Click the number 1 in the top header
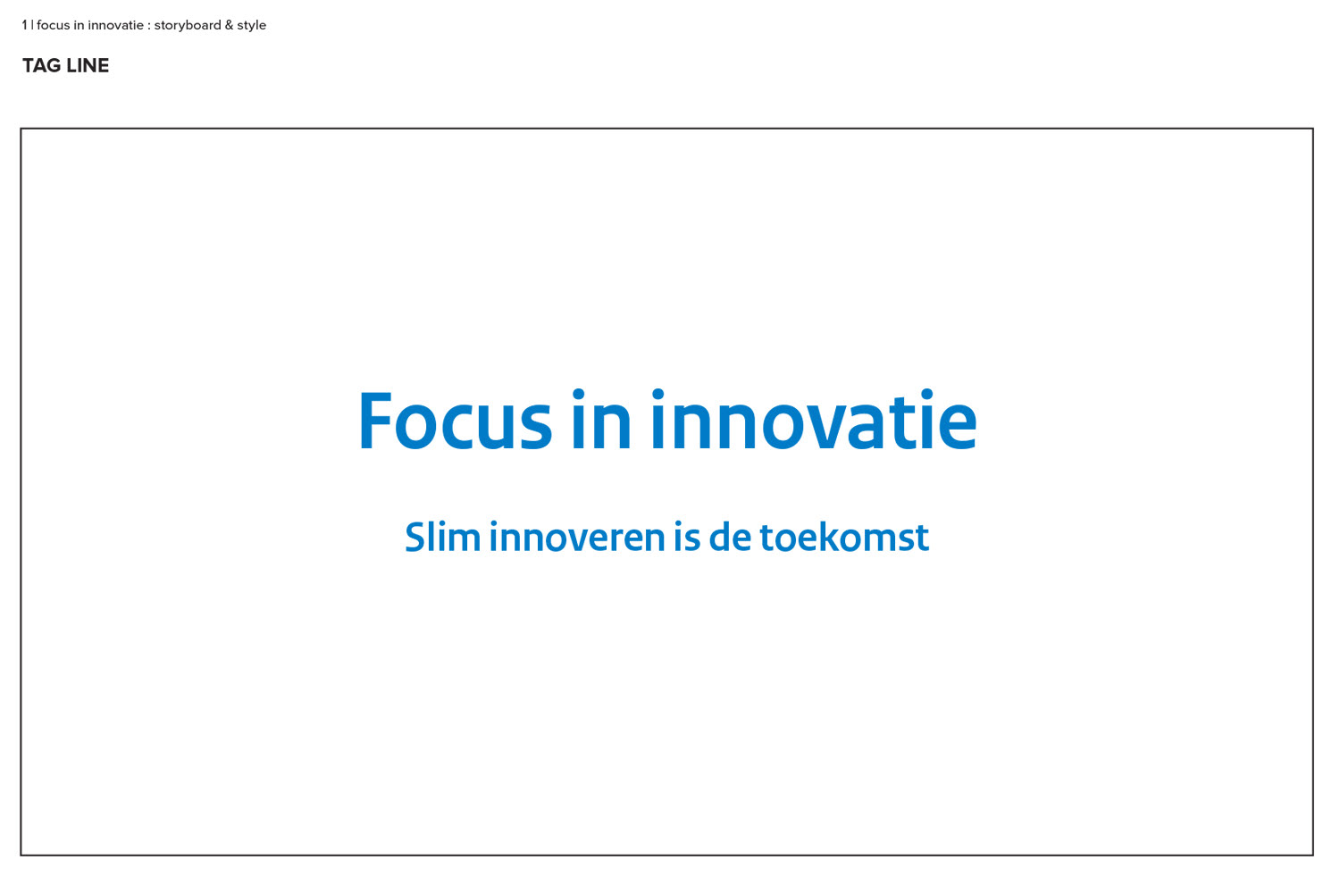click(x=24, y=25)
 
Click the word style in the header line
click(x=251, y=26)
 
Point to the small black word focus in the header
click(x=54, y=25)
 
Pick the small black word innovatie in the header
click(x=115, y=25)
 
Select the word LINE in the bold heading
click(x=88, y=65)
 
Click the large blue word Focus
click(x=456, y=420)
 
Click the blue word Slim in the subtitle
click(x=443, y=537)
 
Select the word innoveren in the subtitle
click(x=577, y=537)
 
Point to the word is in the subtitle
click(x=687, y=537)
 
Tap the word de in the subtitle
click(x=730, y=537)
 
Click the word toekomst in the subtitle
click(x=844, y=537)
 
